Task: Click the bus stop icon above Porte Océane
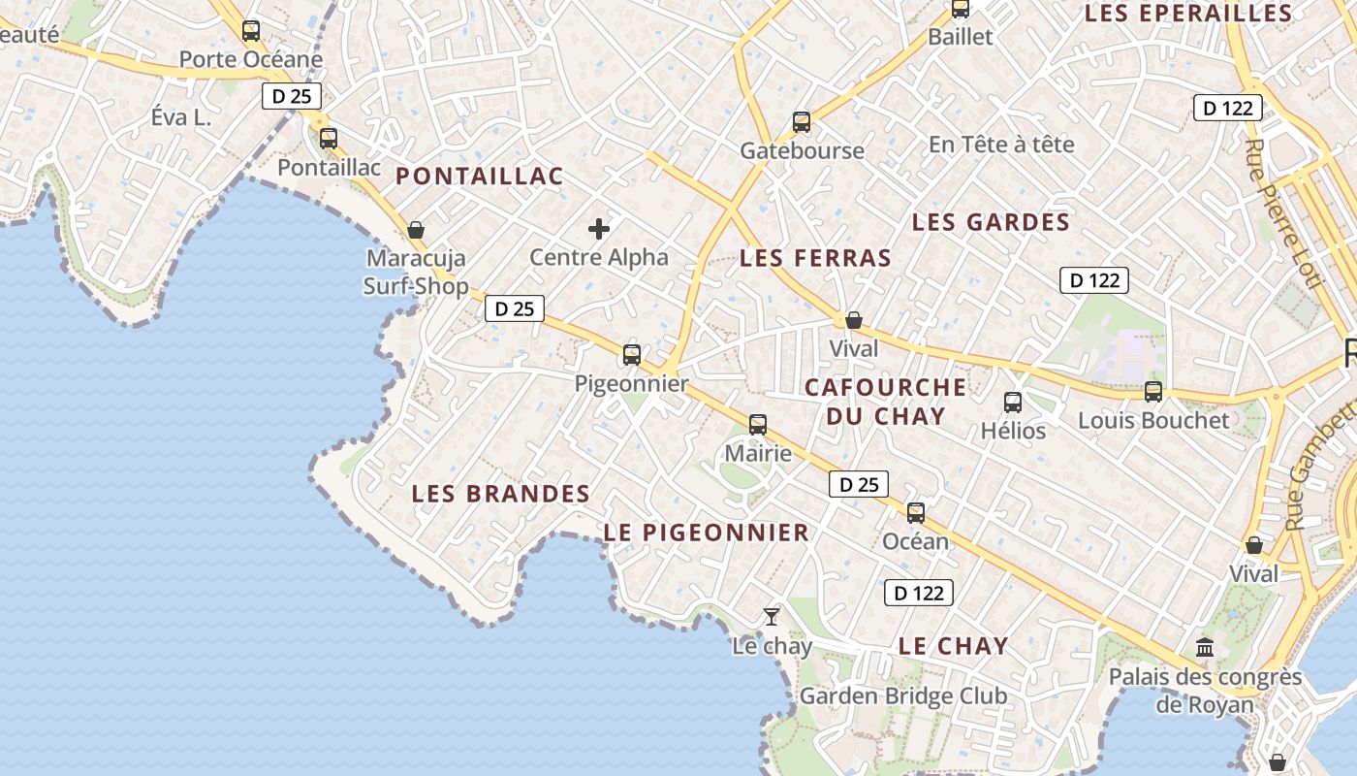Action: (x=251, y=31)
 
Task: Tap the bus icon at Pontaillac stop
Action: (x=329, y=139)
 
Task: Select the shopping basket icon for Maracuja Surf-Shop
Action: (x=416, y=230)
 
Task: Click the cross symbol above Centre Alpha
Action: (x=599, y=229)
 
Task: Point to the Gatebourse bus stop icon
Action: (x=802, y=122)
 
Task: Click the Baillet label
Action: (x=961, y=37)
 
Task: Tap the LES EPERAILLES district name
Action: (x=1188, y=14)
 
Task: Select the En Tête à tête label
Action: (x=1001, y=145)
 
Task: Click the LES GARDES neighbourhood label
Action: (x=991, y=222)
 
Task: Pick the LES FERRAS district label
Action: (x=815, y=258)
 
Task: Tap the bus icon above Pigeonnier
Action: (x=632, y=355)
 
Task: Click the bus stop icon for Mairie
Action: (x=758, y=425)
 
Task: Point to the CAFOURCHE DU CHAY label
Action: (x=885, y=402)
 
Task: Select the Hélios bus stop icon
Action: (x=1013, y=402)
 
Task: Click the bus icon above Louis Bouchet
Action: (x=1153, y=392)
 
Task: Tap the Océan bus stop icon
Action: (x=916, y=513)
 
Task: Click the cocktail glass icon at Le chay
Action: (x=772, y=616)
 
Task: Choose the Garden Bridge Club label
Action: (x=902, y=696)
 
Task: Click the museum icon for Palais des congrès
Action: (x=1205, y=647)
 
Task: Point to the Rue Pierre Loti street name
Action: (x=1282, y=213)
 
